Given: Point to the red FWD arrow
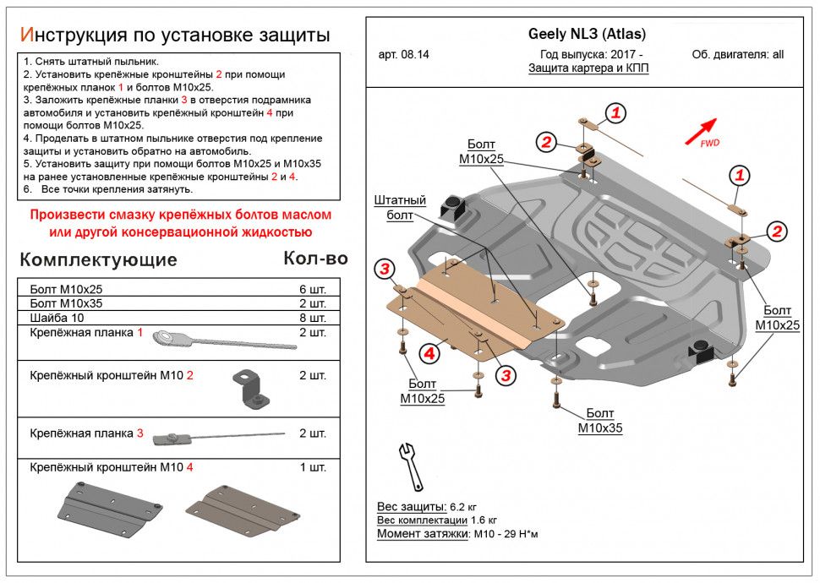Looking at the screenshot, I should [701, 129].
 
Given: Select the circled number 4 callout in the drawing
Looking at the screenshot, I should [430, 354].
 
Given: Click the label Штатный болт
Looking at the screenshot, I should [400, 208].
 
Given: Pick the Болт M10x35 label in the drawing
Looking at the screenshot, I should [600, 420].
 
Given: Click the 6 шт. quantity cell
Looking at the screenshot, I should [312, 289].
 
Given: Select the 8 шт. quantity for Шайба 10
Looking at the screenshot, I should [312, 318].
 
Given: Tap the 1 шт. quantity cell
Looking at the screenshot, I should [312, 467].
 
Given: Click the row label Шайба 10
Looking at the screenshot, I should [55, 318].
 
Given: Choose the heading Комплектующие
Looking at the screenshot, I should [98, 259].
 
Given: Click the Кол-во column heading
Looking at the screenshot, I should [315, 259].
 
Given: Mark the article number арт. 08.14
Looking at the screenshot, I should [404, 55].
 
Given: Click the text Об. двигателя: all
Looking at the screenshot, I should [737, 55].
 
